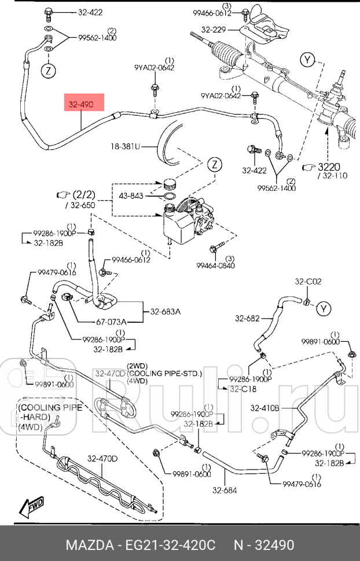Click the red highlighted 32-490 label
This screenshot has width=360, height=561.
(83, 105)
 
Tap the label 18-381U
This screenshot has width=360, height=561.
(126, 147)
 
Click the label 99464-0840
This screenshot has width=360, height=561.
(215, 265)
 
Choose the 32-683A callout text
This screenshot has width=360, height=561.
(166, 311)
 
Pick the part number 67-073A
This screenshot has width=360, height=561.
(111, 322)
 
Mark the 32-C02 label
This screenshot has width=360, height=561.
(308, 282)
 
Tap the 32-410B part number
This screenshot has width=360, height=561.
(265, 408)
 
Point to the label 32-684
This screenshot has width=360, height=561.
(225, 491)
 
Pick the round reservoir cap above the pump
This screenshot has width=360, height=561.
(170, 185)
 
